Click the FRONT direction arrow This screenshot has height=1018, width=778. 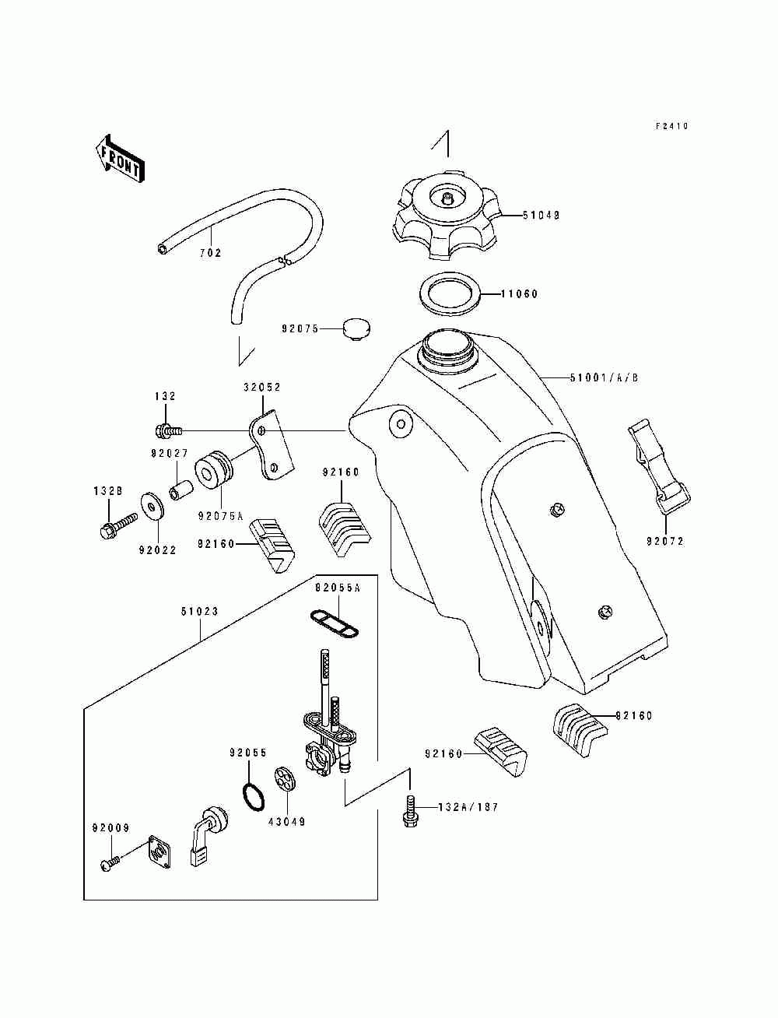pyautogui.click(x=120, y=159)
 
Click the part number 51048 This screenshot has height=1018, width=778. pyautogui.click(x=541, y=215)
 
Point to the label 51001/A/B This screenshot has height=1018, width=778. pyautogui.click(x=604, y=378)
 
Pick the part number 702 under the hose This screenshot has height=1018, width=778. pyautogui.click(x=211, y=253)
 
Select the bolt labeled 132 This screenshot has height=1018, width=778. pyautogui.click(x=169, y=431)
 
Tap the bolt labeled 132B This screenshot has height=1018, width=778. pyautogui.click(x=118, y=525)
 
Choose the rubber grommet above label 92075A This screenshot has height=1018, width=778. pyautogui.click(x=213, y=469)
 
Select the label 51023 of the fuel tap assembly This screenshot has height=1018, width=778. pyautogui.click(x=200, y=612)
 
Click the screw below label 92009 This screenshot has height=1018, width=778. pyautogui.click(x=110, y=863)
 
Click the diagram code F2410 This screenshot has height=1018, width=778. pyautogui.click(x=672, y=126)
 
